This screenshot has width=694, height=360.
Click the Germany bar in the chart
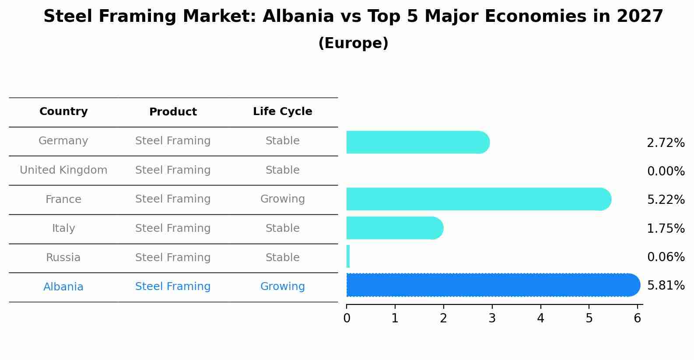pyautogui.click(x=417, y=142)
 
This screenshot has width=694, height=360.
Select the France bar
pyautogui.click(x=478, y=199)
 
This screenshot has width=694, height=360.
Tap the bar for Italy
pyautogui.click(x=394, y=228)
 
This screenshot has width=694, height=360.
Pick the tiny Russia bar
pyautogui.click(x=348, y=256)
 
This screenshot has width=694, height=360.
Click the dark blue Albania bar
pyautogui.click(x=493, y=285)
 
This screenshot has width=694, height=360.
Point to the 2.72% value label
pyautogui.click(x=666, y=143)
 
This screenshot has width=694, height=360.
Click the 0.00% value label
pyautogui.click(x=666, y=171)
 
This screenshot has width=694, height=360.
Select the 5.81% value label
pyautogui.click(x=666, y=286)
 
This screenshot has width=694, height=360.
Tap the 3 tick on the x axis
pyautogui.click(x=492, y=318)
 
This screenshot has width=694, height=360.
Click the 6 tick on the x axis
pyautogui.click(x=637, y=318)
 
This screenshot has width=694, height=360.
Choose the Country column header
pyautogui.click(x=63, y=112)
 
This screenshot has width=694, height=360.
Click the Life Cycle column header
pyautogui.click(x=282, y=112)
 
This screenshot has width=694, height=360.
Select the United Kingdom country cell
pyautogui.click(x=63, y=170)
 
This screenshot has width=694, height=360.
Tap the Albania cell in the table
pyautogui.click(x=63, y=287)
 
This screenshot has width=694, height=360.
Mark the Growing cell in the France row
pyautogui.click(x=282, y=199)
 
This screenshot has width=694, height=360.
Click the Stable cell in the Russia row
pyautogui.click(x=282, y=258)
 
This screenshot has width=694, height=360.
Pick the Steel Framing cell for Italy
pyautogui.click(x=173, y=228)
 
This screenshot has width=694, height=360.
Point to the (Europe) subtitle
pyautogui.click(x=353, y=43)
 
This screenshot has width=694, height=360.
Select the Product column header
pyautogui.click(x=173, y=112)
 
